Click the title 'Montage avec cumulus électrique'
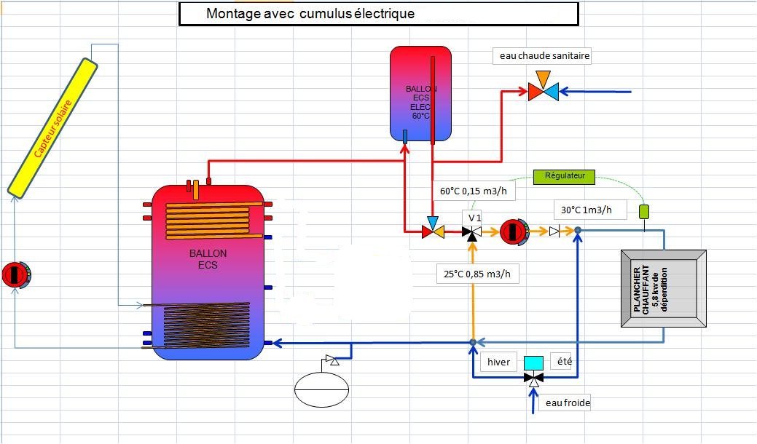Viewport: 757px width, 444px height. [x=310, y=14]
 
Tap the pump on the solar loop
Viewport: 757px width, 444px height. [x=16, y=274]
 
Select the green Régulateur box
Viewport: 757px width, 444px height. [x=564, y=175]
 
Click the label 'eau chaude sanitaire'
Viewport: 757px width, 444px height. [x=544, y=55]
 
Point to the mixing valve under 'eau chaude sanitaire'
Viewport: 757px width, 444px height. [x=543, y=91]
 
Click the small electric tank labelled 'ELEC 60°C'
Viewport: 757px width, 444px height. [x=420, y=93]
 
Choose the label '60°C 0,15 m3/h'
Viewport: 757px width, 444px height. [x=473, y=192]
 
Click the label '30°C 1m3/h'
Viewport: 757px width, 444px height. [x=592, y=210]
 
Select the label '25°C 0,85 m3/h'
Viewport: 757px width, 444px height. [x=482, y=274]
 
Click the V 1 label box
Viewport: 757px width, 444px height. [x=475, y=218]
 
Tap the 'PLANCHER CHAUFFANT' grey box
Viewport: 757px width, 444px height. [x=662, y=288]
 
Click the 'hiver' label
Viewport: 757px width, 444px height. [x=499, y=362]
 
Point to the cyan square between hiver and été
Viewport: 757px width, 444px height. [x=534, y=362]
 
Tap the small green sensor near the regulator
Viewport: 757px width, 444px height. [x=644, y=212]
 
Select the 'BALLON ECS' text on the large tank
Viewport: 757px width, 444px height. [x=208, y=258]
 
